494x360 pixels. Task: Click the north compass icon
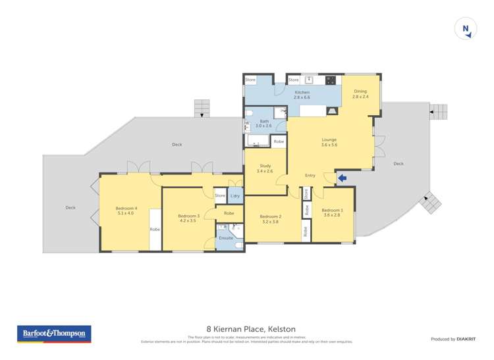pyautogui.click(x=466, y=28)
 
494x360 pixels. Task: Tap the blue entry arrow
pyautogui.click(x=342, y=177)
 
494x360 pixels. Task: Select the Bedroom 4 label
pyautogui.click(x=125, y=211)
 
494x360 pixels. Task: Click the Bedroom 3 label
pyautogui.click(x=188, y=218)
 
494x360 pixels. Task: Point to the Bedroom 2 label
pyautogui.click(x=270, y=219)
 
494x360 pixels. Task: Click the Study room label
pyautogui.click(x=265, y=168)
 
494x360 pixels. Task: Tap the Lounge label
pyautogui.click(x=329, y=141)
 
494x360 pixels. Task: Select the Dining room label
pyautogui.click(x=360, y=94)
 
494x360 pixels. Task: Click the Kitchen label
pyautogui.click(x=302, y=95)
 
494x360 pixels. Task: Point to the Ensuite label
pyautogui.click(x=226, y=238)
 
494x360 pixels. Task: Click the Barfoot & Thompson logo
pyautogui.click(x=53, y=334)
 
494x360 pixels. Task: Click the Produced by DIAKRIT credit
pyautogui.click(x=453, y=339)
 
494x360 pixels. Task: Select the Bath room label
pyautogui.click(x=264, y=124)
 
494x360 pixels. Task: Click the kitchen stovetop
pyautogui.click(x=331, y=81)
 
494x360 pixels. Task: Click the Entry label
pyautogui.click(x=310, y=175)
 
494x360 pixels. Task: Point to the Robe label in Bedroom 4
pyautogui.click(x=155, y=229)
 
